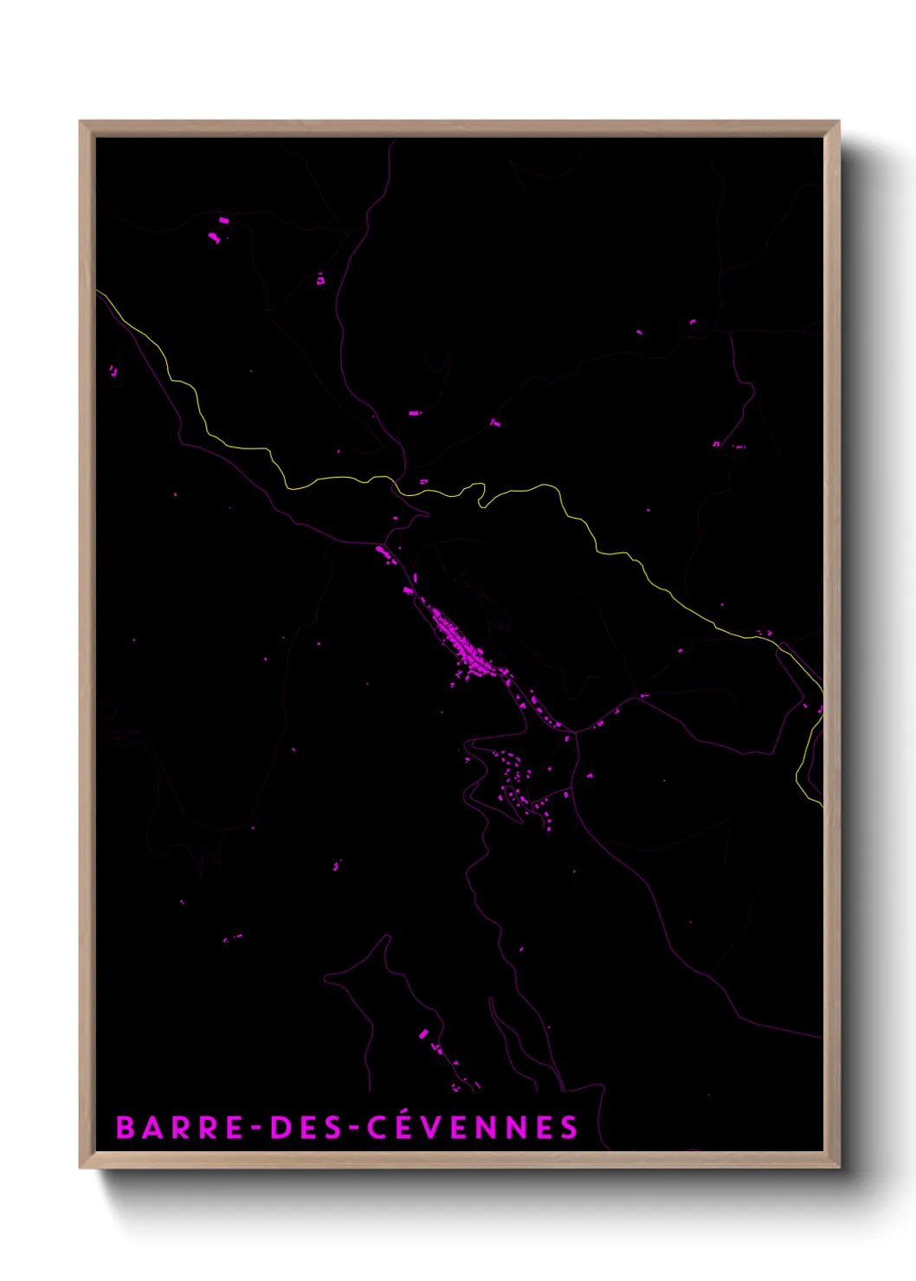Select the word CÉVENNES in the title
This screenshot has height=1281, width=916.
[472, 1128]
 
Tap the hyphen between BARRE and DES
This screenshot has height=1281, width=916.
[256, 1129]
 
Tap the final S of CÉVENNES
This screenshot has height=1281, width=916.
[568, 1128]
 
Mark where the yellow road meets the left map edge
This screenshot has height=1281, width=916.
[98, 292]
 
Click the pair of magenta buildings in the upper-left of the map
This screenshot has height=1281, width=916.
[218, 229]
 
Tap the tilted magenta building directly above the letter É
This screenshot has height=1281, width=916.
[423, 1033]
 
